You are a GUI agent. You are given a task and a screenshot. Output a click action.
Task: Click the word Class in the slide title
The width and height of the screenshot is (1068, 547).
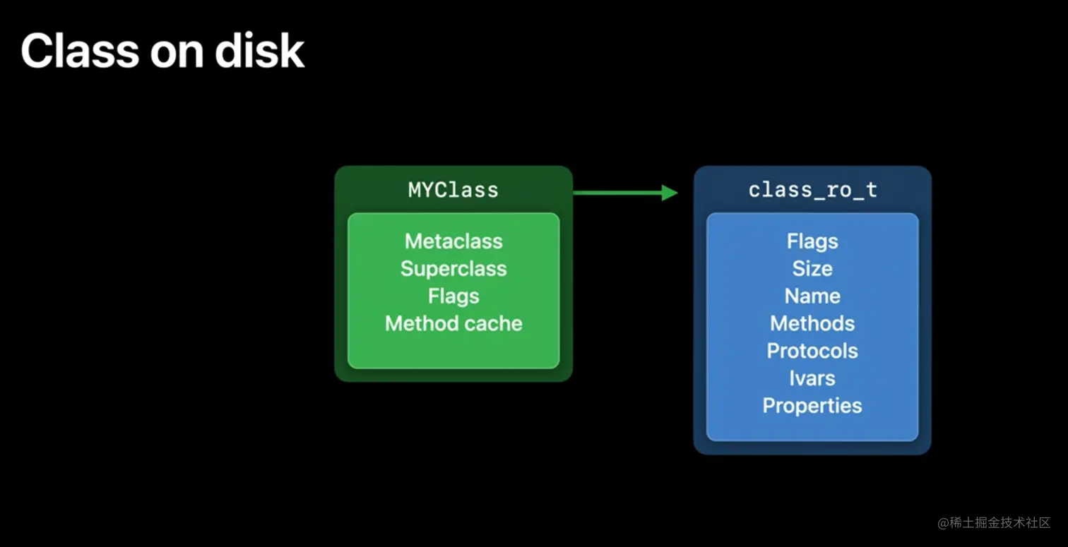80,51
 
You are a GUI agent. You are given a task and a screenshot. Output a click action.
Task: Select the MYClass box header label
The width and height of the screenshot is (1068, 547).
453,190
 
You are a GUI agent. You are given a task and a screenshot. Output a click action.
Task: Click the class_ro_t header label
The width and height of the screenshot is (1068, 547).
812,190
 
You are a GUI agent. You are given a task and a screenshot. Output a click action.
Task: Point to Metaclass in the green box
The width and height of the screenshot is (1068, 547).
453,241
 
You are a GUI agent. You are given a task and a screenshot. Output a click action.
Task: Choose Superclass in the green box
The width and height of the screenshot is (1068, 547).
453,269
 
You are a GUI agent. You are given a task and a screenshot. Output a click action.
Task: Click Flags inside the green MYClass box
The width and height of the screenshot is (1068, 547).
453,296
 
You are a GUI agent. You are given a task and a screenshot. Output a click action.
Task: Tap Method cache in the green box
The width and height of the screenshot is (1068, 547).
453,323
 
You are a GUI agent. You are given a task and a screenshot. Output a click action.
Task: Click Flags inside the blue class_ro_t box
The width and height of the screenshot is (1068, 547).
812,241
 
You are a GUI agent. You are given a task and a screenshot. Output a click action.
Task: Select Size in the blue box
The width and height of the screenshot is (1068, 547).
812,269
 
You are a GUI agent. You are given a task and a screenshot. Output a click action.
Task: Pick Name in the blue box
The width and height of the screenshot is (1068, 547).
812,296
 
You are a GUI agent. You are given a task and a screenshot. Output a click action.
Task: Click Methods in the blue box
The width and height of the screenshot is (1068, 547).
812,323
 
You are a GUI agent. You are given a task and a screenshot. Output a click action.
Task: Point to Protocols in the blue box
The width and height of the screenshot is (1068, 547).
812,351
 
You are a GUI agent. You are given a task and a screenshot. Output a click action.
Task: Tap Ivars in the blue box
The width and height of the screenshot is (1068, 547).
812,378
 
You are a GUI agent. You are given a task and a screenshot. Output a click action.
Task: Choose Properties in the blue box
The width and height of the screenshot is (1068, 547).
812,406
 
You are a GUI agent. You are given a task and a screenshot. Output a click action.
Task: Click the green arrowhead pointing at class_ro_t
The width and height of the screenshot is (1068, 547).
670,193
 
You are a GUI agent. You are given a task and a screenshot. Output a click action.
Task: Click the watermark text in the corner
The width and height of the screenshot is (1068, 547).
994,523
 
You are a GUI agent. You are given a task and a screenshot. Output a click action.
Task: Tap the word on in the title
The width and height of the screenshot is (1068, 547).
177,54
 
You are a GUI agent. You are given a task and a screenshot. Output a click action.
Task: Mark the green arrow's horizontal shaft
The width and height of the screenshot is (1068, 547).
617,193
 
